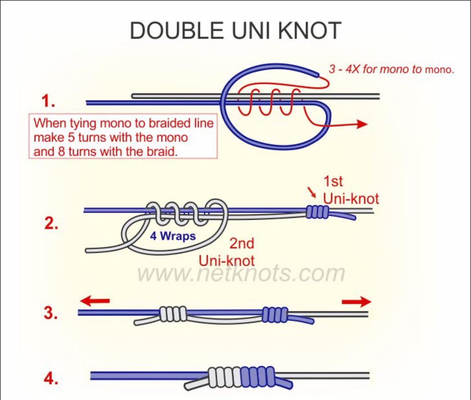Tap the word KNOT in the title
[x=310, y=31]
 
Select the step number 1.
[x=48, y=101]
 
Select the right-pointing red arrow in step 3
[x=357, y=302]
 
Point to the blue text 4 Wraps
[x=173, y=236]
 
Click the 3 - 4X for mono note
[x=391, y=69]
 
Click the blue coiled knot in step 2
[x=318, y=212]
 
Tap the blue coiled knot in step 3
[x=275, y=314]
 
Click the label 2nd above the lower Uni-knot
[x=242, y=244]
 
